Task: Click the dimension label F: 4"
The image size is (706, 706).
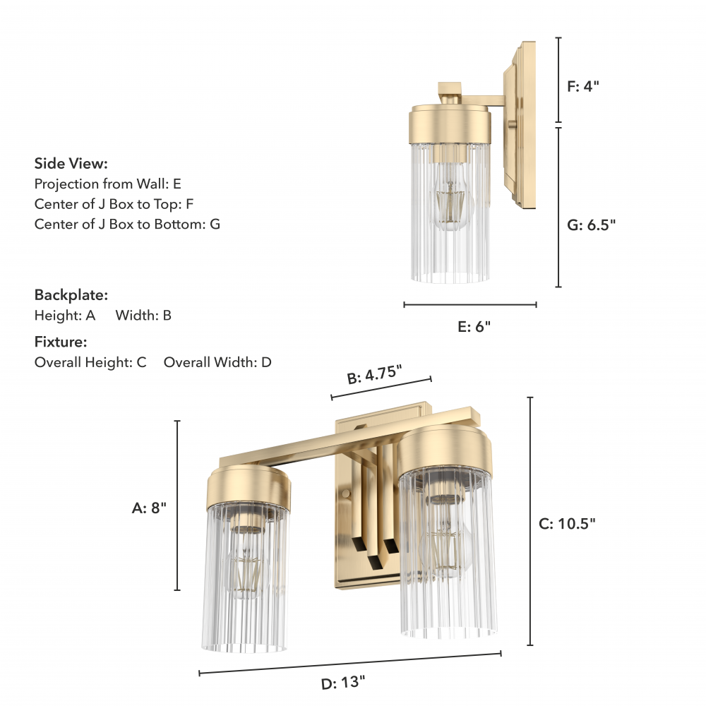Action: (x=583, y=86)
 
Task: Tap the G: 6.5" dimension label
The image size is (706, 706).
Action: (x=591, y=225)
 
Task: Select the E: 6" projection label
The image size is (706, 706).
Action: (x=474, y=326)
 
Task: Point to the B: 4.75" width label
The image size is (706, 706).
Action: (x=374, y=375)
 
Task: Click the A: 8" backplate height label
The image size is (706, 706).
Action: (x=149, y=508)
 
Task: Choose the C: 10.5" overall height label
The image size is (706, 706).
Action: (x=567, y=524)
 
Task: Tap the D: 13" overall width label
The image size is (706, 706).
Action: (x=343, y=683)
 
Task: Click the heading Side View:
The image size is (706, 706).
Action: (x=71, y=164)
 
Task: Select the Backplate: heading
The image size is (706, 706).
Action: (x=71, y=295)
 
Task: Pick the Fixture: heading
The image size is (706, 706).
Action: (x=61, y=342)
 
